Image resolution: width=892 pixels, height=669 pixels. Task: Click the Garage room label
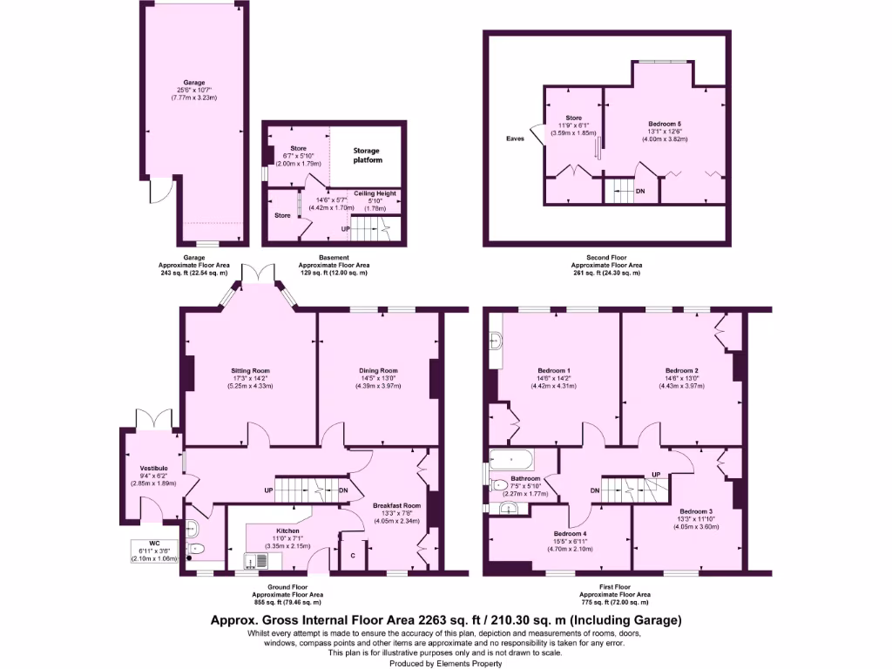click(x=193, y=83)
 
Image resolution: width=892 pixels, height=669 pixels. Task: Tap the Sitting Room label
click(x=250, y=370)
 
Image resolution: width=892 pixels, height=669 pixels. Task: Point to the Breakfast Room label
click(x=396, y=505)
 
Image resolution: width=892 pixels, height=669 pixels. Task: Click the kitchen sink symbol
click(x=255, y=560)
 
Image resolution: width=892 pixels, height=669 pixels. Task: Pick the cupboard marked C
click(x=352, y=555)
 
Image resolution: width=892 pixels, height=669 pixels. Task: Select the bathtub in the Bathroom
click(x=514, y=459)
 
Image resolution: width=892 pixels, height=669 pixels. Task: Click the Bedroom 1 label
click(x=555, y=370)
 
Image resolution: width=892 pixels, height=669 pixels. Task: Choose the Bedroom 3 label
click(x=696, y=510)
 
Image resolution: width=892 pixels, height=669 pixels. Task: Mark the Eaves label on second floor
click(x=515, y=138)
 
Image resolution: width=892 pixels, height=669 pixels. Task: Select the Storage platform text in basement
click(x=366, y=156)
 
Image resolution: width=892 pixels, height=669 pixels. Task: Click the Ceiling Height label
click(x=375, y=193)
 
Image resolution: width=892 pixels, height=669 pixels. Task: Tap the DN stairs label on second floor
click(x=640, y=191)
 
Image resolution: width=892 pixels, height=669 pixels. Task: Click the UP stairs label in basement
click(x=346, y=229)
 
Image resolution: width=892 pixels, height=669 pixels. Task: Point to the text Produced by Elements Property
click(x=446, y=662)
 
